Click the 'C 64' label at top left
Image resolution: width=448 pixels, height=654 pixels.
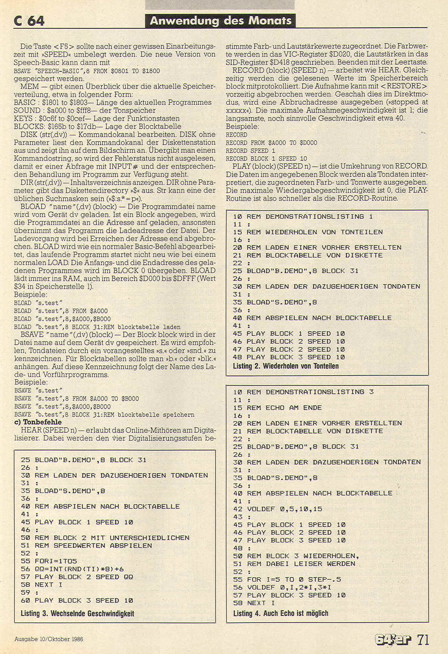[29, 20]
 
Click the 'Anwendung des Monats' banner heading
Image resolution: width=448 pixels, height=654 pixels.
[220, 20]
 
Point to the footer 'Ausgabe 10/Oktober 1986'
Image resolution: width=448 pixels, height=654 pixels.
[48, 639]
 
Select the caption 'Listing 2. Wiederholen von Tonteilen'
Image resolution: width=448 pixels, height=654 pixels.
[286, 366]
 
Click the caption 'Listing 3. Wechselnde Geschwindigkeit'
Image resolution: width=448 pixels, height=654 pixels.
[77, 613]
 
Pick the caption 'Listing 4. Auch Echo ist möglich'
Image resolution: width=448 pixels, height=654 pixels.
[281, 613]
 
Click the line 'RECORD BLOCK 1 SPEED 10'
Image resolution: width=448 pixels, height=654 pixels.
[266, 158]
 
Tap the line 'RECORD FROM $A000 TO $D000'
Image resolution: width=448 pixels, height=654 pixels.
[272, 143]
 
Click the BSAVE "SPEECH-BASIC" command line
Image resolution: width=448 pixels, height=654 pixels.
[87, 71]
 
